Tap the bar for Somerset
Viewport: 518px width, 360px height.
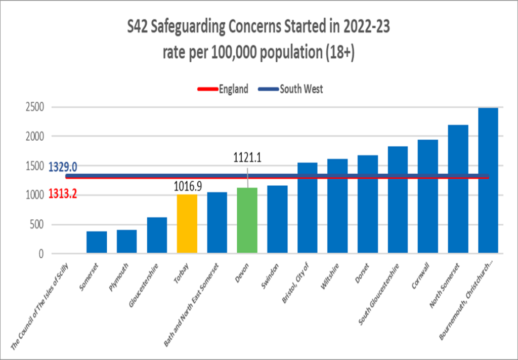pyautogui.click(x=97, y=243)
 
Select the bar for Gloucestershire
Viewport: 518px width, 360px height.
pyautogui.click(x=157, y=235)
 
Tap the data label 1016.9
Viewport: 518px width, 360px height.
pyautogui.click(x=187, y=187)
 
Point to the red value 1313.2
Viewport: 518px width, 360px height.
pyautogui.click(x=62, y=194)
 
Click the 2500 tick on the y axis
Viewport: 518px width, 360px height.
pyautogui.click(x=35, y=107)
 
